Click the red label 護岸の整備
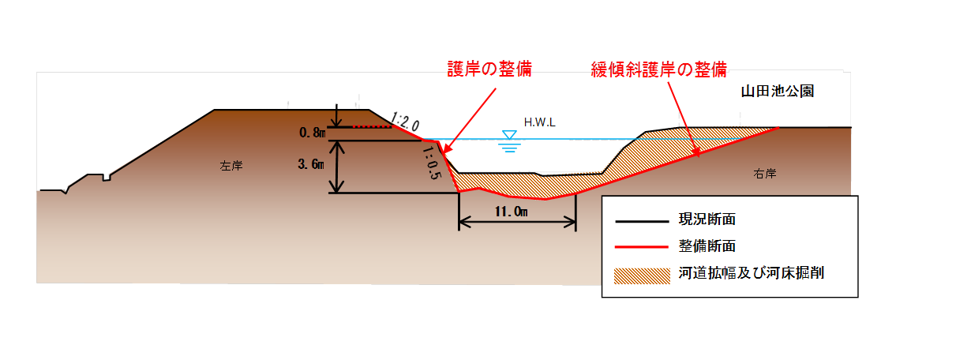489,69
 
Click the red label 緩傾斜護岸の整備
659,69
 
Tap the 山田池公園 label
777,91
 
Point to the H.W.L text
540,123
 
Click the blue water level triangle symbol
509,135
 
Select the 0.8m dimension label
313,133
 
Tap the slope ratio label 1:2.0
404,122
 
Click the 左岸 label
231,166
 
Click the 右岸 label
765,174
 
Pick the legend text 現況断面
707,219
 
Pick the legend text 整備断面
707,246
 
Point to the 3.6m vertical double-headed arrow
338,167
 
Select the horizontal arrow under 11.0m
517,223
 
